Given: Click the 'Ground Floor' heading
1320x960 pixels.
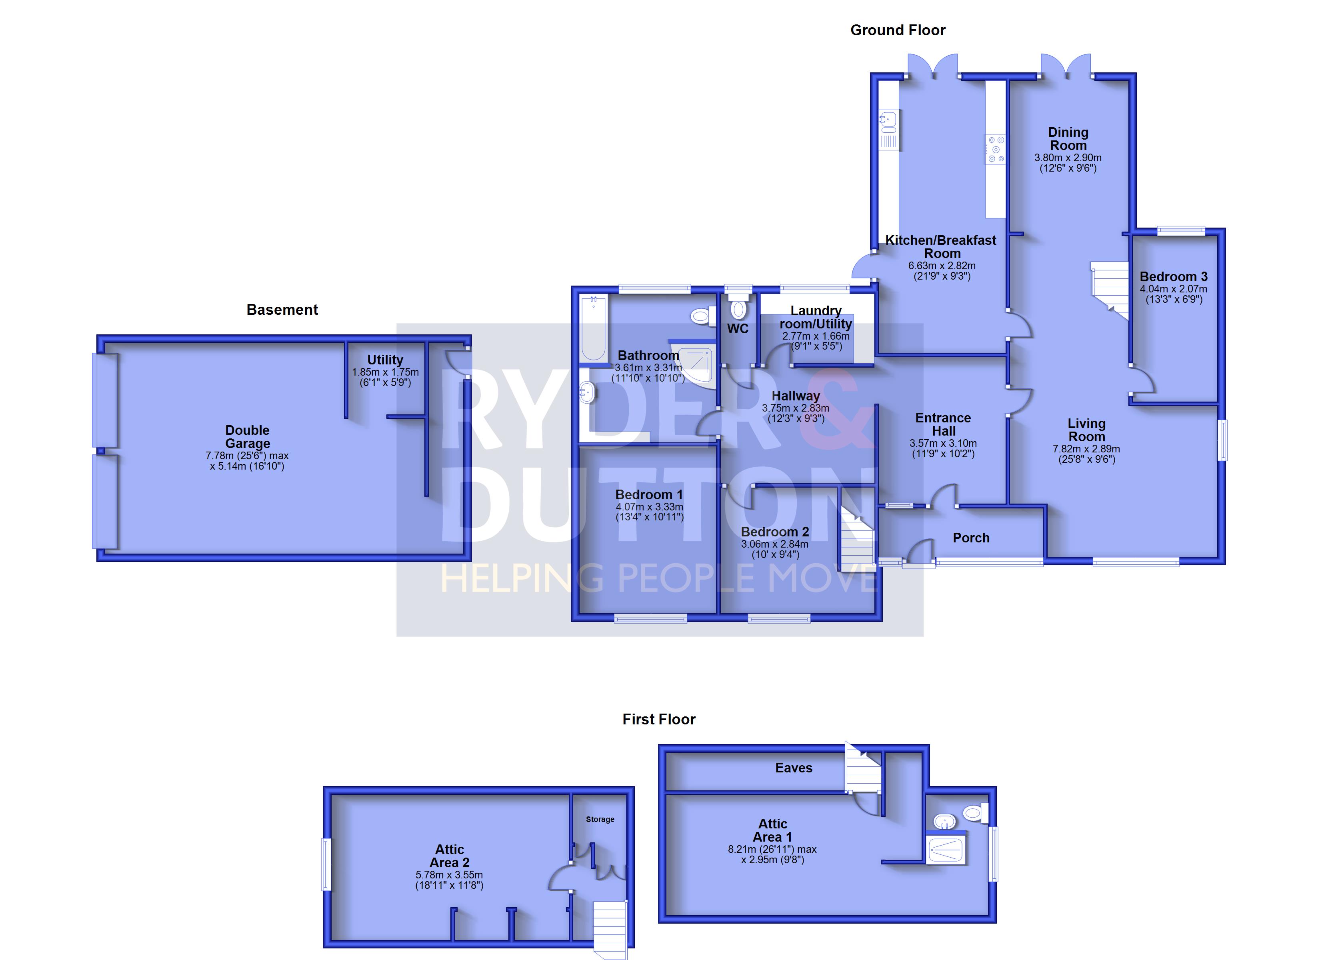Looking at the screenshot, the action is [x=898, y=30].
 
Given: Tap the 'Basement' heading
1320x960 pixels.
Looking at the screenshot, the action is [x=282, y=310].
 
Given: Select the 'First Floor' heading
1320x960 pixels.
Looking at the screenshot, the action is [x=659, y=720].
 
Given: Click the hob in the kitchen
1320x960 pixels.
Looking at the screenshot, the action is [x=995, y=149].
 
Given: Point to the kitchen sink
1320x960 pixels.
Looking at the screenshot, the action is [x=889, y=130].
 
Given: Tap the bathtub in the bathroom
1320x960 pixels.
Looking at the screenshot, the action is [x=594, y=328].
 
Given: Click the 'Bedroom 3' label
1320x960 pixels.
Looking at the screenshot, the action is [x=1173, y=277].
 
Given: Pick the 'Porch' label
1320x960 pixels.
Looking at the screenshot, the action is [x=971, y=538].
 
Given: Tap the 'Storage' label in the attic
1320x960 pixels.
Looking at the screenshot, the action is [x=600, y=819].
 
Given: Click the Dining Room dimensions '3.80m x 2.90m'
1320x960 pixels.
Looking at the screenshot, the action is [x=1068, y=158].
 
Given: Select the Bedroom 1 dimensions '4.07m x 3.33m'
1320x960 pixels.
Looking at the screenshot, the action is [x=650, y=507].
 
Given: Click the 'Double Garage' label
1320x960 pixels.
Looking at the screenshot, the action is [x=247, y=437].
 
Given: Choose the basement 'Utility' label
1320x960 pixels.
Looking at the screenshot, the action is [x=385, y=360].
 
